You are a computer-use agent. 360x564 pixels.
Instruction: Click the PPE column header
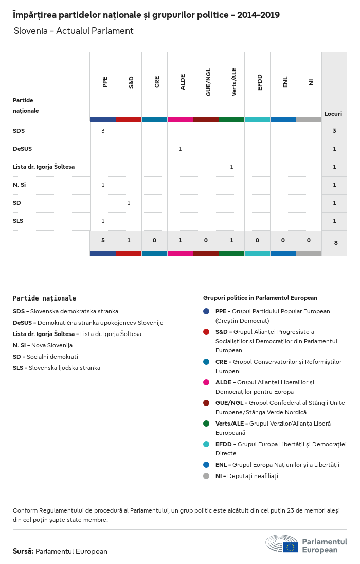coord(105,82)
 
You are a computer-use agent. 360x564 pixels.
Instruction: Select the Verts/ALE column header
coord(234,82)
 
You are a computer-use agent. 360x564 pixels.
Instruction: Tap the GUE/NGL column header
coord(208,82)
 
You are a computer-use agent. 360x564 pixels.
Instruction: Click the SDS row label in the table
coord(19,131)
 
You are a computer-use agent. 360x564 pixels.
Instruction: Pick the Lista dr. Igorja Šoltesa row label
coord(44,167)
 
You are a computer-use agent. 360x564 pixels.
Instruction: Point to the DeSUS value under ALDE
coord(180,149)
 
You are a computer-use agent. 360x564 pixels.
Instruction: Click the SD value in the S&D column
coord(129,203)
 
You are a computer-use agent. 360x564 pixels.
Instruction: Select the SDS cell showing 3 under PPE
coord(103,131)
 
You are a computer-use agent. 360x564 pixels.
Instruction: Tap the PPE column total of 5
coord(103,240)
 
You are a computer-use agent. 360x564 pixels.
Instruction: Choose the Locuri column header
coord(333,114)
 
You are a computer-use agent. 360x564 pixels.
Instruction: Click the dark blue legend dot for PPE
coord(206,311)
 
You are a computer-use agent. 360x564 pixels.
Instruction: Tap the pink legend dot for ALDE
coord(206,382)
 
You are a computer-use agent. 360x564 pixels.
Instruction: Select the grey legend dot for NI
coord(206,476)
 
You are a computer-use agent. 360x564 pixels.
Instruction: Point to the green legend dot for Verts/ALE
coord(206,424)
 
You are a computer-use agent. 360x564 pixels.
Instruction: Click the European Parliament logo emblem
coord(282,543)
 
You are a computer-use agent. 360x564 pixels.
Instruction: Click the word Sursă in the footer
coord(23,551)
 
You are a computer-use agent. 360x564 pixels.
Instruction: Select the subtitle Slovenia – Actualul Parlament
coord(74,31)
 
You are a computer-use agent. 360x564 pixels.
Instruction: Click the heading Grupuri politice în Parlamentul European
coord(260,298)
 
